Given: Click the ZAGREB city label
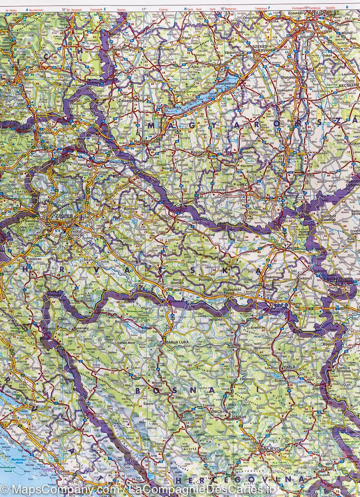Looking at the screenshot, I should [58, 216].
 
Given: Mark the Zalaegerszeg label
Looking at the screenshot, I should [130, 101].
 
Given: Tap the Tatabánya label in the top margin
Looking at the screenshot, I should [261, 8].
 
